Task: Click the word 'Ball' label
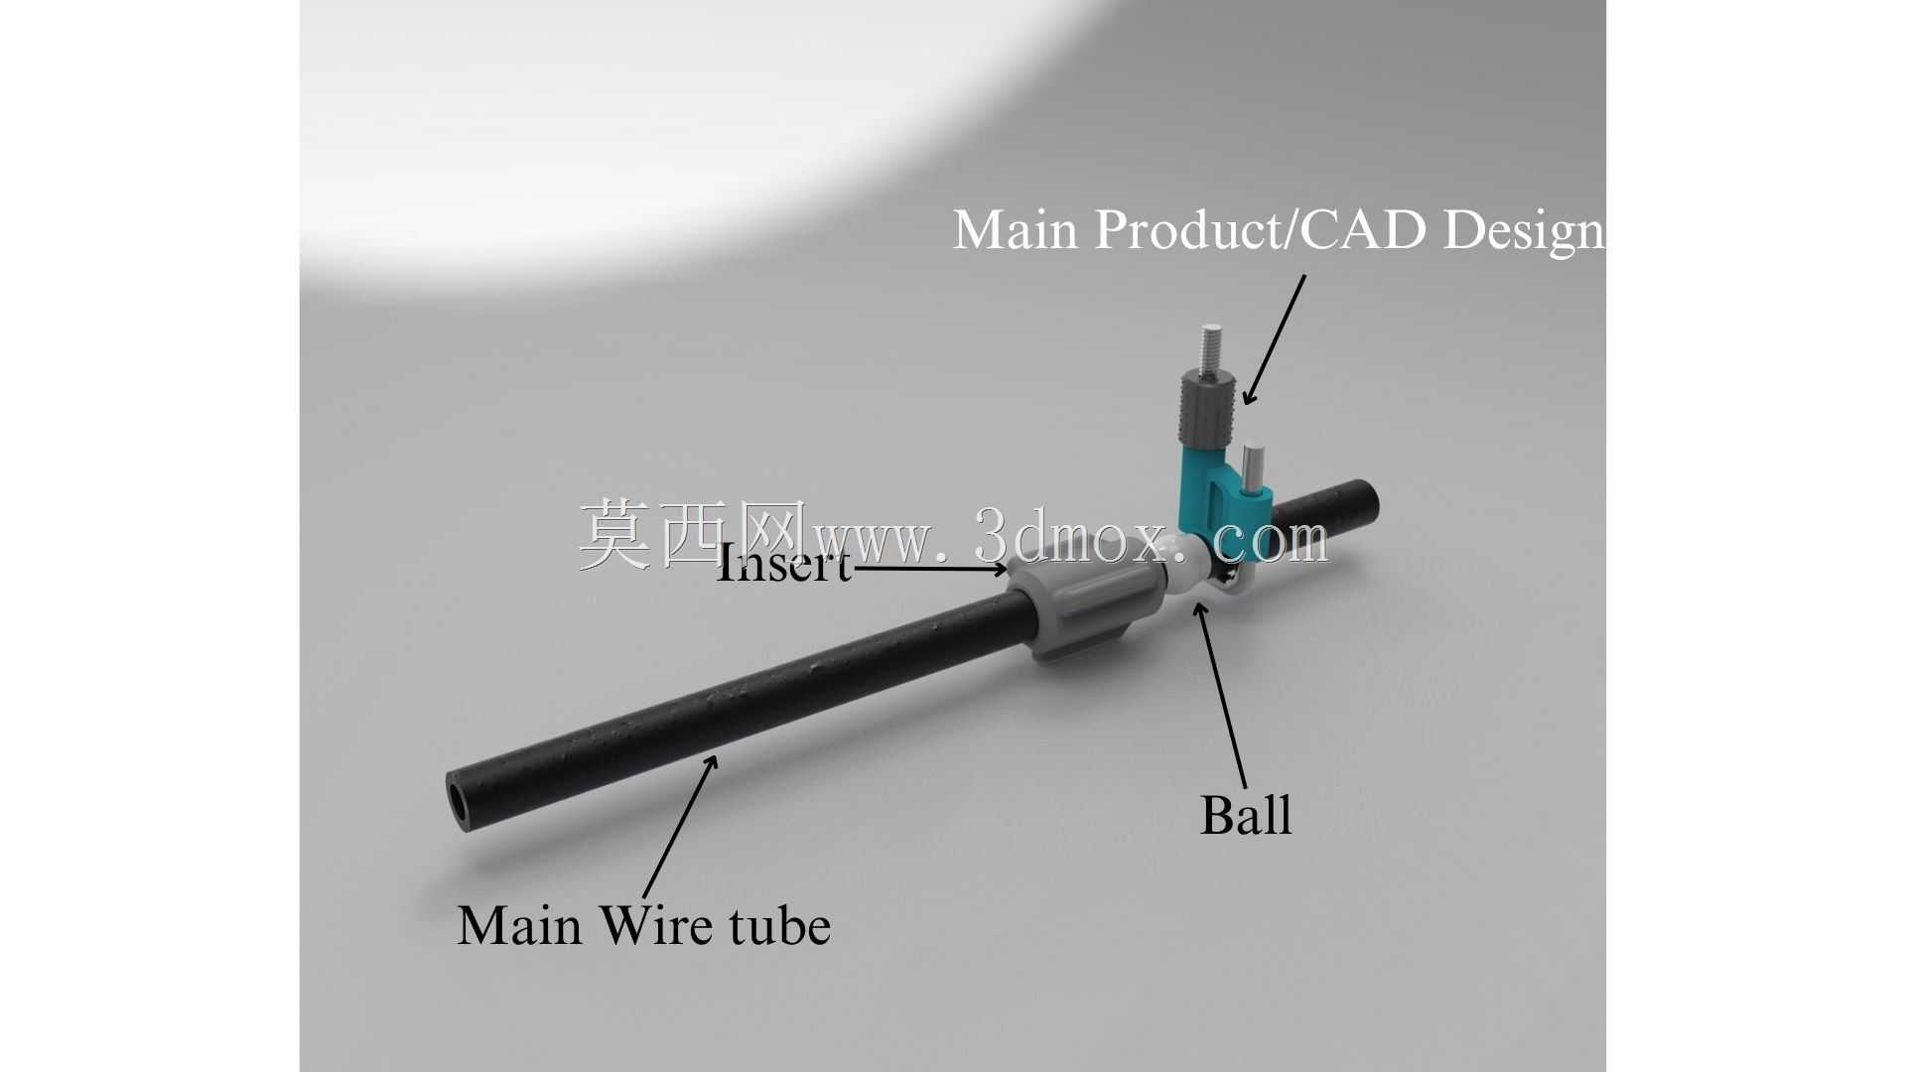[x=1246, y=815]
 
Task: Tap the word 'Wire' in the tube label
[x=656, y=925]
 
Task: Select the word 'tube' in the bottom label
[x=779, y=925]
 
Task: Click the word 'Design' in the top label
[x=1524, y=230]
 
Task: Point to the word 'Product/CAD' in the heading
[x=1262, y=229]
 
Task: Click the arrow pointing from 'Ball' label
[x=1221, y=694]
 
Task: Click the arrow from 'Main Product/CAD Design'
[x=1275, y=340]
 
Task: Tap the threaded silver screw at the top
[x=1210, y=348]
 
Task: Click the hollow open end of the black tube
[x=463, y=801]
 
